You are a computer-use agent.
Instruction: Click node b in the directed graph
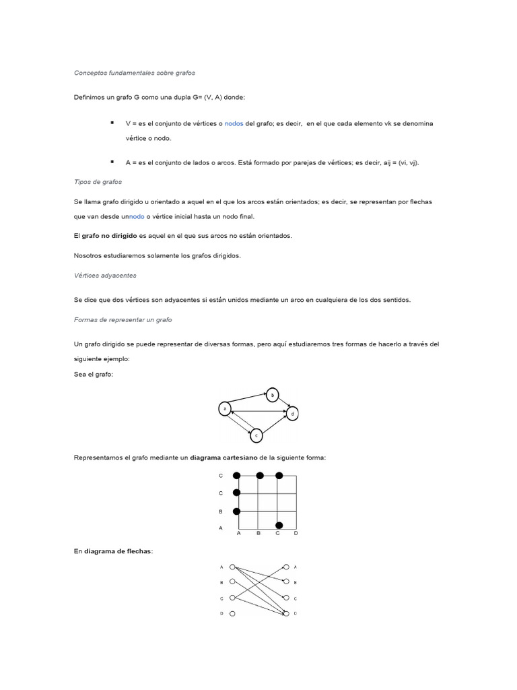point(273,396)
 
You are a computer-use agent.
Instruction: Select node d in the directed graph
point(293,413)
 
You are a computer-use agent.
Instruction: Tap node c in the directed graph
point(256,436)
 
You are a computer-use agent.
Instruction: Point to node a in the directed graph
point(225,408)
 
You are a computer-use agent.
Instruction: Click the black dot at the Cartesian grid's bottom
point(279,525)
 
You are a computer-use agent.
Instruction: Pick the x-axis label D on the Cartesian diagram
point(296,533)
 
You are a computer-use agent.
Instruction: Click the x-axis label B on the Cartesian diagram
point(258,533)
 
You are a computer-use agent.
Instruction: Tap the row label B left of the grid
point(221,511)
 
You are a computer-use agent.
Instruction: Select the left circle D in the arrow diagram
point(232,614)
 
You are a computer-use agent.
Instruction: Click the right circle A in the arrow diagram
point(287,567)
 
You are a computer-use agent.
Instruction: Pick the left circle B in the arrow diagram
point(232,582)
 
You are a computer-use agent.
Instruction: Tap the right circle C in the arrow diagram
point(287,598)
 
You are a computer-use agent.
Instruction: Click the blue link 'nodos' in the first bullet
point(234,124)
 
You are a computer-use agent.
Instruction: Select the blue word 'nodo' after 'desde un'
point(137,216)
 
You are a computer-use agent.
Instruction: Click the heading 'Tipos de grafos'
point(98,182)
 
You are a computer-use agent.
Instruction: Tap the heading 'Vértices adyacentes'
point(105,275)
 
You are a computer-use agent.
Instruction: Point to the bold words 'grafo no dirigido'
point(110,236)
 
